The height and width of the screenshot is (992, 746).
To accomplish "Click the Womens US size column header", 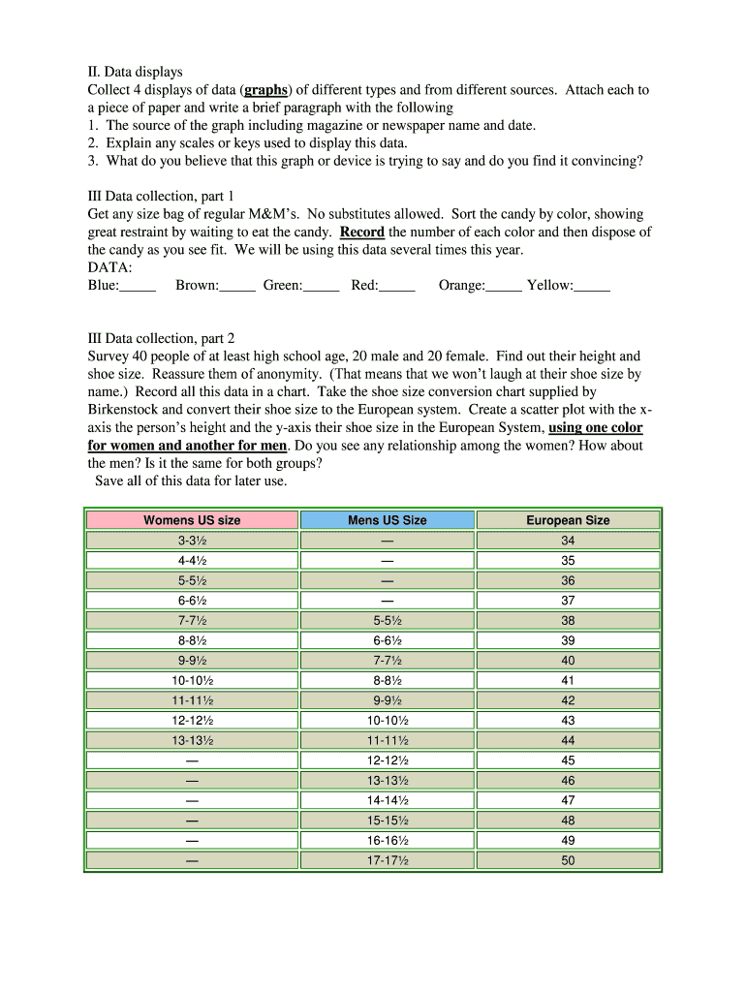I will tap(192, 520).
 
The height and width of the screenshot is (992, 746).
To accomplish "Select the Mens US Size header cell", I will tap(387, 520).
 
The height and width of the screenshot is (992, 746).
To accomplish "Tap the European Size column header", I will tap(568, 520).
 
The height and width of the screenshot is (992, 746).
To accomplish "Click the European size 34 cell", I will tap(568, 541).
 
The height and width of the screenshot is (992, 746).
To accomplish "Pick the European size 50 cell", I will tap(568, 860).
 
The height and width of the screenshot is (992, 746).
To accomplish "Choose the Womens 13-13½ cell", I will tap(192, 740).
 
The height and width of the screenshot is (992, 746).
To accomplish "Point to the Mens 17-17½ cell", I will tap(387, 860).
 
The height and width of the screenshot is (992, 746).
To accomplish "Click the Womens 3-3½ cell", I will tap(192, 541).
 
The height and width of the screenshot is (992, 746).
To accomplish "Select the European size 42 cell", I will tap(568, 700).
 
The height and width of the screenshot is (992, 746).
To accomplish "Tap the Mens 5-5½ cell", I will tap(387, 621).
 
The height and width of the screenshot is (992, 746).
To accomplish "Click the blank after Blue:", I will tap(139, 286).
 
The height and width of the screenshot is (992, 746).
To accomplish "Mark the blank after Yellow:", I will tap(592, 286).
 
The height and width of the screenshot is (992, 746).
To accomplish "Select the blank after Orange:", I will tap(504, 286).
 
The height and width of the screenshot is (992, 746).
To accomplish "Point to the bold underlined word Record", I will tap(361, 232).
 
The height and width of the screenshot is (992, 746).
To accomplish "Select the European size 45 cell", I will tap(568, 760).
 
